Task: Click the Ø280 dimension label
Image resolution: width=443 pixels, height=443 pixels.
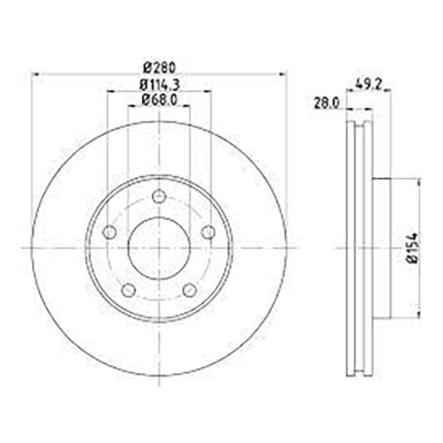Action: (159, 68)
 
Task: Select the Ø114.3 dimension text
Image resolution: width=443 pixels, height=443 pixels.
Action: (159, 85)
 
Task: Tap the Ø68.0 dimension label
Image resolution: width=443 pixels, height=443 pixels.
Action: (159, 100)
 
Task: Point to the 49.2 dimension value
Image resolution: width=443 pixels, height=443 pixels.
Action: (369, 85)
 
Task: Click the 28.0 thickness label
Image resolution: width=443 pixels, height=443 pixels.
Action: (327, 104)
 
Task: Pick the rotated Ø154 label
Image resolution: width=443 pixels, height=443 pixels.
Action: (413, 248)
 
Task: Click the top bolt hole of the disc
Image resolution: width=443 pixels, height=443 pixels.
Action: (159, 196)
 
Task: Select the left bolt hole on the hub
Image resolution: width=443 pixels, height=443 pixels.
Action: (109, 232)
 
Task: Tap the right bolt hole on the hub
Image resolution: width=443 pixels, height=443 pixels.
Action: (208, 232)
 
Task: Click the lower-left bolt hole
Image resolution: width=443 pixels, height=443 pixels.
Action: (128, 290)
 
